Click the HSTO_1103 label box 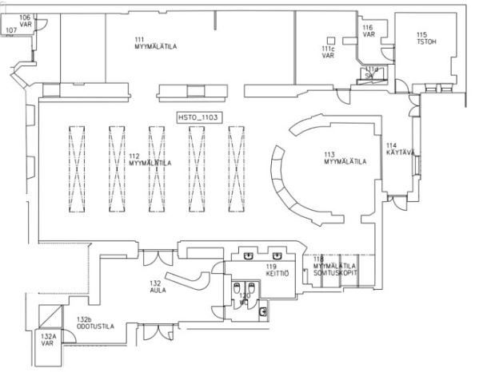(x=199, y=117)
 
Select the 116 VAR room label (x=369, y=31)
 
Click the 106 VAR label (x=25, y=19)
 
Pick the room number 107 (x=11, y=30)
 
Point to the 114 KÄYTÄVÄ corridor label (x=402, y=148)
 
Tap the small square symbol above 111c (x=329, y=40)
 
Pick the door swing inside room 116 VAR (x=362, y=57)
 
